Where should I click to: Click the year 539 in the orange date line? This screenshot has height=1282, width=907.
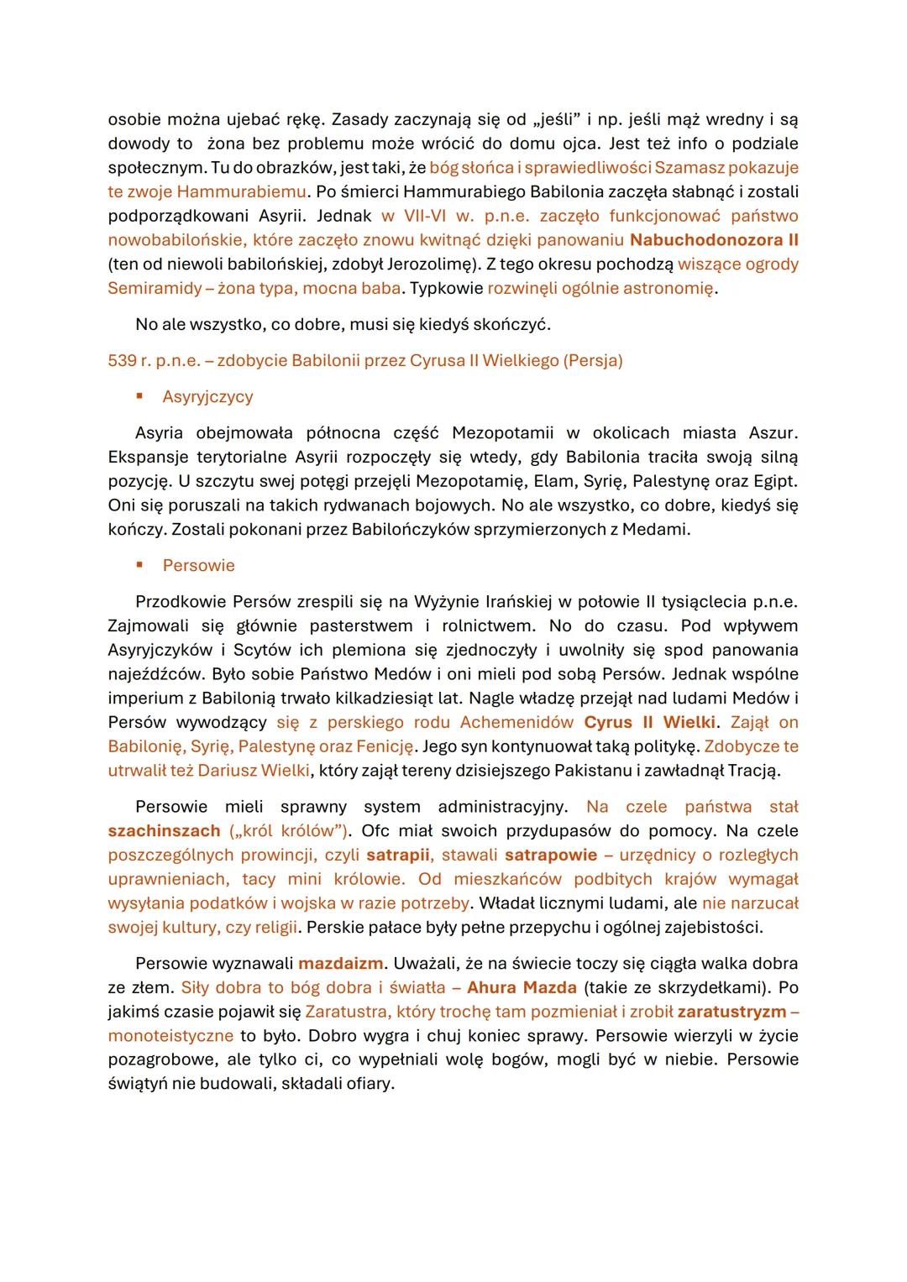(123, 361)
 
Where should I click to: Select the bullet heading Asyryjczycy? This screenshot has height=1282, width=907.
(207, 397)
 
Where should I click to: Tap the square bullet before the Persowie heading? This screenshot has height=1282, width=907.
(140, 565)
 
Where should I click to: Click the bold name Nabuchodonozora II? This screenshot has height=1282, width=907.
(714, 240)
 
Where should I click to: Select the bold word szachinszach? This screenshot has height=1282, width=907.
(165, 831)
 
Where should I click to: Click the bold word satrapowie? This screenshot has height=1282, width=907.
(550, 856)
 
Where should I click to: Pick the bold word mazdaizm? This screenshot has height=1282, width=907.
(340, 964)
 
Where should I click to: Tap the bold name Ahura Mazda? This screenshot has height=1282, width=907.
(522, 988)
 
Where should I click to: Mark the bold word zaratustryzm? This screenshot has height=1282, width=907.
(731, 1012)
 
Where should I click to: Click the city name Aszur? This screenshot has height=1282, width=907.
(772, 433)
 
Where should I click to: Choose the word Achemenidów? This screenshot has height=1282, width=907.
(511, 723)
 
